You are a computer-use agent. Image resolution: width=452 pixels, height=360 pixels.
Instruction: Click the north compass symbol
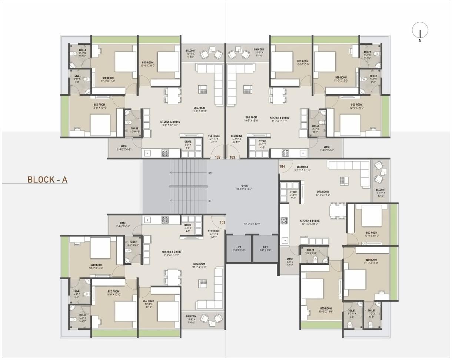tap(420, 30)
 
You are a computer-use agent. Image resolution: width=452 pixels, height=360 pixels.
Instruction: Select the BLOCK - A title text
tap(47, 180)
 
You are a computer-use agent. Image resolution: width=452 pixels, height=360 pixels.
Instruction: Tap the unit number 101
tap(222, 222)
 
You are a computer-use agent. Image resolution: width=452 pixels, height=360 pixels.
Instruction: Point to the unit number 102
tap(218, 157)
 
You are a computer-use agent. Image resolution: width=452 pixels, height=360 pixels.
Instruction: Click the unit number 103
tap(232, 157)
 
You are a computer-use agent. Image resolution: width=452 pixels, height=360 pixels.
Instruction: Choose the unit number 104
tap(282, 166)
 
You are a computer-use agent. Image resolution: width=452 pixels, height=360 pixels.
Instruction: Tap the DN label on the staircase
tap(210, 173)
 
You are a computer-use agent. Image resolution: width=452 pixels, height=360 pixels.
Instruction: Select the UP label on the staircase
tap(210, 201)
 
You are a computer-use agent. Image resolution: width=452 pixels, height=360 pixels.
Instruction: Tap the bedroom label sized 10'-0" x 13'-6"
tap(326, 310)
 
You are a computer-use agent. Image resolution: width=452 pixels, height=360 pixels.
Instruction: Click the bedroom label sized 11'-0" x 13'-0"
tap(371, 261)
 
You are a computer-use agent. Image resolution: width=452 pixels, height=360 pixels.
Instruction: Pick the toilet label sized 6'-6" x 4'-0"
tap(310, 252)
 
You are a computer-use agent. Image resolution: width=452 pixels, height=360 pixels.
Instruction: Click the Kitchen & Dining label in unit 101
tap(171, 254)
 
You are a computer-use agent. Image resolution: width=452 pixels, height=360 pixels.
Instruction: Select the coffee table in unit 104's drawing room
tap(344, 180)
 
